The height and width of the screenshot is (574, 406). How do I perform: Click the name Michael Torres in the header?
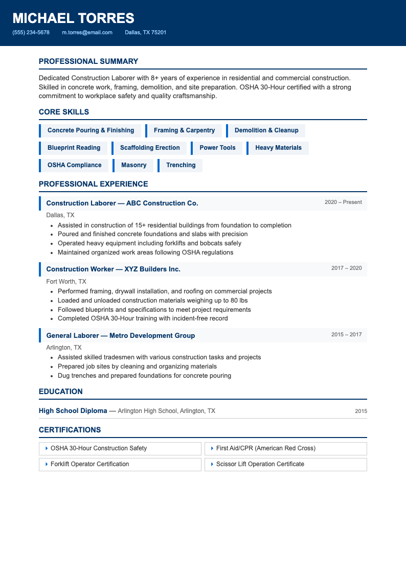[x=73, y=18]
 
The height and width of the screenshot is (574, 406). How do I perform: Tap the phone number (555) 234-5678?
[x=31, y=32]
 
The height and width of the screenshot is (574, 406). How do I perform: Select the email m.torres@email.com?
[x=87, y=32]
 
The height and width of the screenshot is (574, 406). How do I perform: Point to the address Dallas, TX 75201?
[x=145, y=32]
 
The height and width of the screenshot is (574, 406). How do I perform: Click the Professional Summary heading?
[x=88, y=61]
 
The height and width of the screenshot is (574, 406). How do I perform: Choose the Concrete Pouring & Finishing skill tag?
[x=91, y=130]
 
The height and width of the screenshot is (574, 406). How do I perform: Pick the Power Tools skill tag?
[x=217, y=148]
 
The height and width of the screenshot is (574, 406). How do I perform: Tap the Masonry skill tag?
[x=133, y=165]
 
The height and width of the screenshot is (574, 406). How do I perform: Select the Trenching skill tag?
[x=181, y=165]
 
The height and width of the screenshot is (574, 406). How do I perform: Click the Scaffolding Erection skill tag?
[x=150, y=148]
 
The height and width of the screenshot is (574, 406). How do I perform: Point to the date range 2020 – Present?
[x=343, y=202]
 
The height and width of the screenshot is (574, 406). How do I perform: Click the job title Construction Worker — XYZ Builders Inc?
[x=113, y=269]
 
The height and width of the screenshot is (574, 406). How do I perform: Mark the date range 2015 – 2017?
[x=346, y=335]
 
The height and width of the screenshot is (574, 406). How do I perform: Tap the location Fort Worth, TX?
[x=66, y=282]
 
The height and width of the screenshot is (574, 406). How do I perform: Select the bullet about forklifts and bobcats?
[x=149, y=243]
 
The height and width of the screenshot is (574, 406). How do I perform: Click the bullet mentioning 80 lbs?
[x=152, y=301]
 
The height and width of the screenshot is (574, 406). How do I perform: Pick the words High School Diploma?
[x=73, y=410]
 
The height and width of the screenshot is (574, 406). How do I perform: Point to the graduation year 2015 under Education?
[x=361, y=411]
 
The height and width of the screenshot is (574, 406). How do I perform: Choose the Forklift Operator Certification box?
[x=120, y=464]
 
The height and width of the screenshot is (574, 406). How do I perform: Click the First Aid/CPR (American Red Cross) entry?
[x=286, y=448]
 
